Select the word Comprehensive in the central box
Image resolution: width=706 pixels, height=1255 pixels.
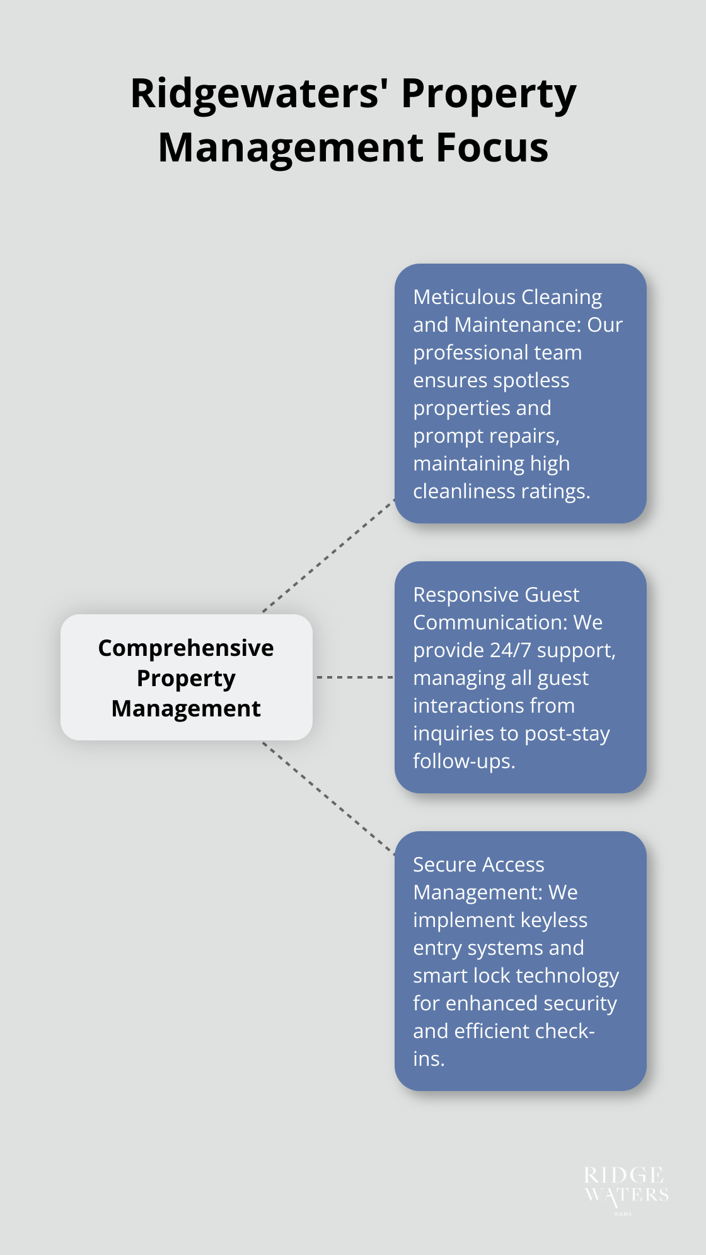tap(186, 648)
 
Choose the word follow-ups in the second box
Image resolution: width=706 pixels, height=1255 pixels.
tap(464, 761)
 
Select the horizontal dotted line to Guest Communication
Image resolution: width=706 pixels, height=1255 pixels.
tap(354, 677)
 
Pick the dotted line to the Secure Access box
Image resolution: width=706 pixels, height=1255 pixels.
tap(328, 798)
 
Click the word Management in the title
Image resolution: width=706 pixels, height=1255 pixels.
tap(291, 148)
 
